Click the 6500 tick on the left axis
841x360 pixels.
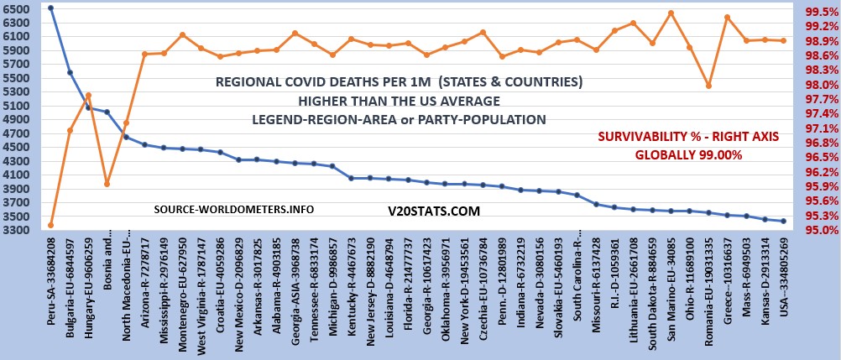(x=18, y=8)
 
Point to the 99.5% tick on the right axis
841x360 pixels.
(x=817, y=13)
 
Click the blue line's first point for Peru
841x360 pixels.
(x=51, y=8)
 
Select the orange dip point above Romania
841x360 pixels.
(x=708, y=86)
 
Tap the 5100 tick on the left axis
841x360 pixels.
(x=18, y=107)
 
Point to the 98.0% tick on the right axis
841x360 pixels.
(x=817, y=85)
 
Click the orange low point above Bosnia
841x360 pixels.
(x=107, y=184)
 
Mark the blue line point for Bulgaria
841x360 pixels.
(x=70, y=72)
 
